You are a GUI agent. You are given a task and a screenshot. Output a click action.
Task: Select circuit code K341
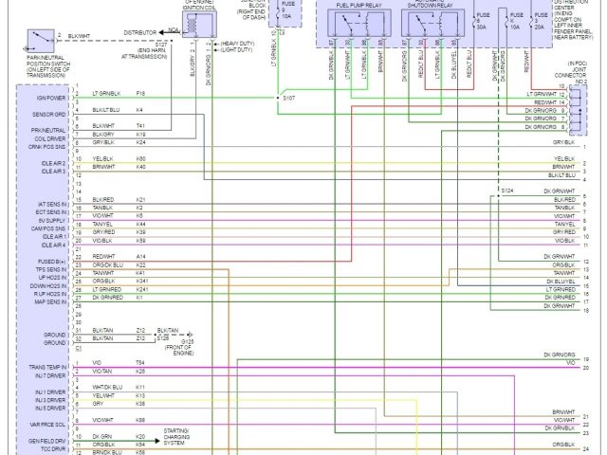(142, 282)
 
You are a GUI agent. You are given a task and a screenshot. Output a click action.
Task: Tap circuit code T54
(139, 363)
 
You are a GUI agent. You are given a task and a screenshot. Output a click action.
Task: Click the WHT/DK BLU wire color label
(107, 387)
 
